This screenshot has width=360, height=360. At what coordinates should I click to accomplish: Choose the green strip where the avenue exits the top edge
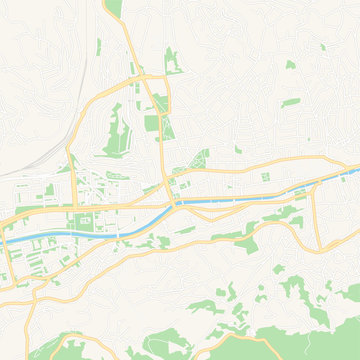(x=113, y=10)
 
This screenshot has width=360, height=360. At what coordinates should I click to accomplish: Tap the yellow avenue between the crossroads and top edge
(x=131, y=40)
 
